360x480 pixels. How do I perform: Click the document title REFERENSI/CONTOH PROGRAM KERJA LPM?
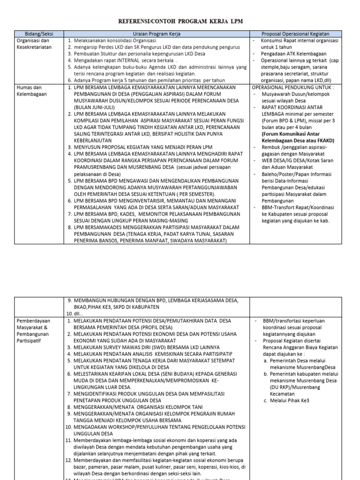[x=180, y=22]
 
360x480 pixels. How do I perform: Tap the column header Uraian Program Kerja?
[x=157, y=34]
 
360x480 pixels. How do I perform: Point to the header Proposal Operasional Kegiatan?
[x=302, y=34]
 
